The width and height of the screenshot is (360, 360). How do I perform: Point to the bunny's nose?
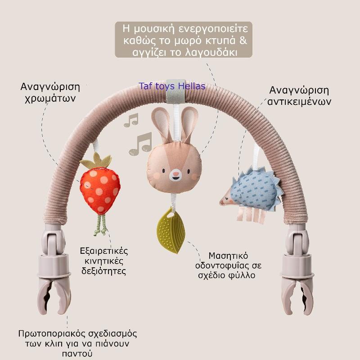(x=175, y=172)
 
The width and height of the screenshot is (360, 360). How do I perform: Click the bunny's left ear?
(x=161, y=122)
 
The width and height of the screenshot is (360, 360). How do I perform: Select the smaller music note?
(x=131, y=120)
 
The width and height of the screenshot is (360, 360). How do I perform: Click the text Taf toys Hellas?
(x=172, y=86)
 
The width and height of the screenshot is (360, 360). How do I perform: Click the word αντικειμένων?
(x=300, y=102)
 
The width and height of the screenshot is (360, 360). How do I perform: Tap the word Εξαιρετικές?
(x=104, y=251)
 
